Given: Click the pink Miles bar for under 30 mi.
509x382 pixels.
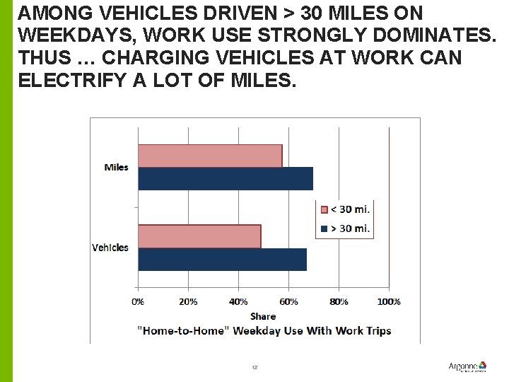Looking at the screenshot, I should pyautogui.click(x=210, y=156).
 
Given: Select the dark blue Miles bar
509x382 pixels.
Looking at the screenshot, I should pyautogui.click(x=225, y=178).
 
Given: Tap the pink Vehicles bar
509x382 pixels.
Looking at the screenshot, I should pyautogui.click(x=199, y=236).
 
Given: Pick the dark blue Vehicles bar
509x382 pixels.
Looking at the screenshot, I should pyautogui.click(x=222, y=259).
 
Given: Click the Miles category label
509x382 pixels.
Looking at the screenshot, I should pyautogui.click(x=116, y=168).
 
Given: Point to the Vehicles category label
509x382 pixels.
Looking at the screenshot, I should pyautogui.click(x=110, y=248).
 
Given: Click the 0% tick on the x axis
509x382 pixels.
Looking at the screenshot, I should pyautogui.click(x=138, y=301).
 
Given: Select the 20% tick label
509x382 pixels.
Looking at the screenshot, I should pyautogui.click(x=188, y=301).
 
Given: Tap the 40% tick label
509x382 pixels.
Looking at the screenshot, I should pyautogui.click(x=238, y=301).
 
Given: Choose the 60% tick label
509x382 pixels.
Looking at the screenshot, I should pyautogui.click(x=288, y=301).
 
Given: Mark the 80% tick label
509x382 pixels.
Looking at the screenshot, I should pyautogui.click(x=339, y=301).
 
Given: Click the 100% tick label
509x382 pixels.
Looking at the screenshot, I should pyautogui.click(x=388, y=301).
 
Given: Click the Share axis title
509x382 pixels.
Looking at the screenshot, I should pyautogui.click(x=263, y=316).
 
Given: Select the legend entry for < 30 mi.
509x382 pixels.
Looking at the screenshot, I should pyautogui.click(x=345, y=209).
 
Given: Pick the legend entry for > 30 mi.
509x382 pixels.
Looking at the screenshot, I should pyautogui.click(x=345, y=228).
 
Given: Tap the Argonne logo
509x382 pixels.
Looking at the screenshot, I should pyautogui.click(x=467, y=366).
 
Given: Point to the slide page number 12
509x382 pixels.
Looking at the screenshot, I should pyautogui.click(x=255, y=368).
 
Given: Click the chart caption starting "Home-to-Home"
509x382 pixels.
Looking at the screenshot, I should pyautogui.click(x=263, y=330).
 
